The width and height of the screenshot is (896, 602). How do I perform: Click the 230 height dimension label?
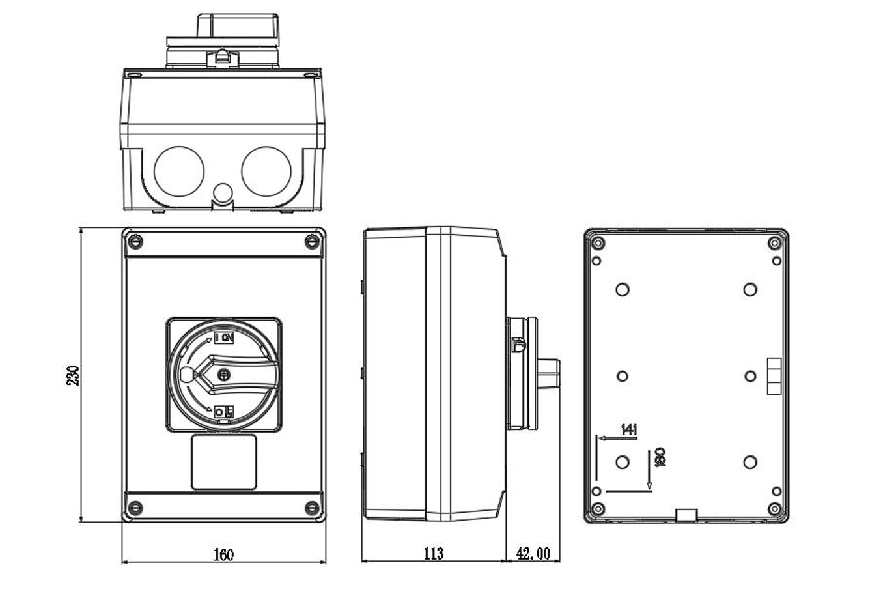pos(74,375)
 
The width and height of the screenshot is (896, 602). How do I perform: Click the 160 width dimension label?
pos(223,554)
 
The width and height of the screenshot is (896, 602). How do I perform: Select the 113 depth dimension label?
pos(434,554)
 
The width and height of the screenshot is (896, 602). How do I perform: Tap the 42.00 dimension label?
pos(533,554)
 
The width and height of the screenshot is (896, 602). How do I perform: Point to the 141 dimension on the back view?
pos(628,429)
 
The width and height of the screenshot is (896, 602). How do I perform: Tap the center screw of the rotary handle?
pos(225,375)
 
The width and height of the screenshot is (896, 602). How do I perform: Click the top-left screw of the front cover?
pos(135,242)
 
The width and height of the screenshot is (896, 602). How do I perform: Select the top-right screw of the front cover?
pos(313,242)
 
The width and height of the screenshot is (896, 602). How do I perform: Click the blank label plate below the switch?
pos(224,462)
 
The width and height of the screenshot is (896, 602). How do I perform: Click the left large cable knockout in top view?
pos(178,171)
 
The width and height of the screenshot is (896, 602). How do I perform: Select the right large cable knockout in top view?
pos(266,171)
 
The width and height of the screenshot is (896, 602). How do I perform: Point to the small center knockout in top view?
pos(223,192)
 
